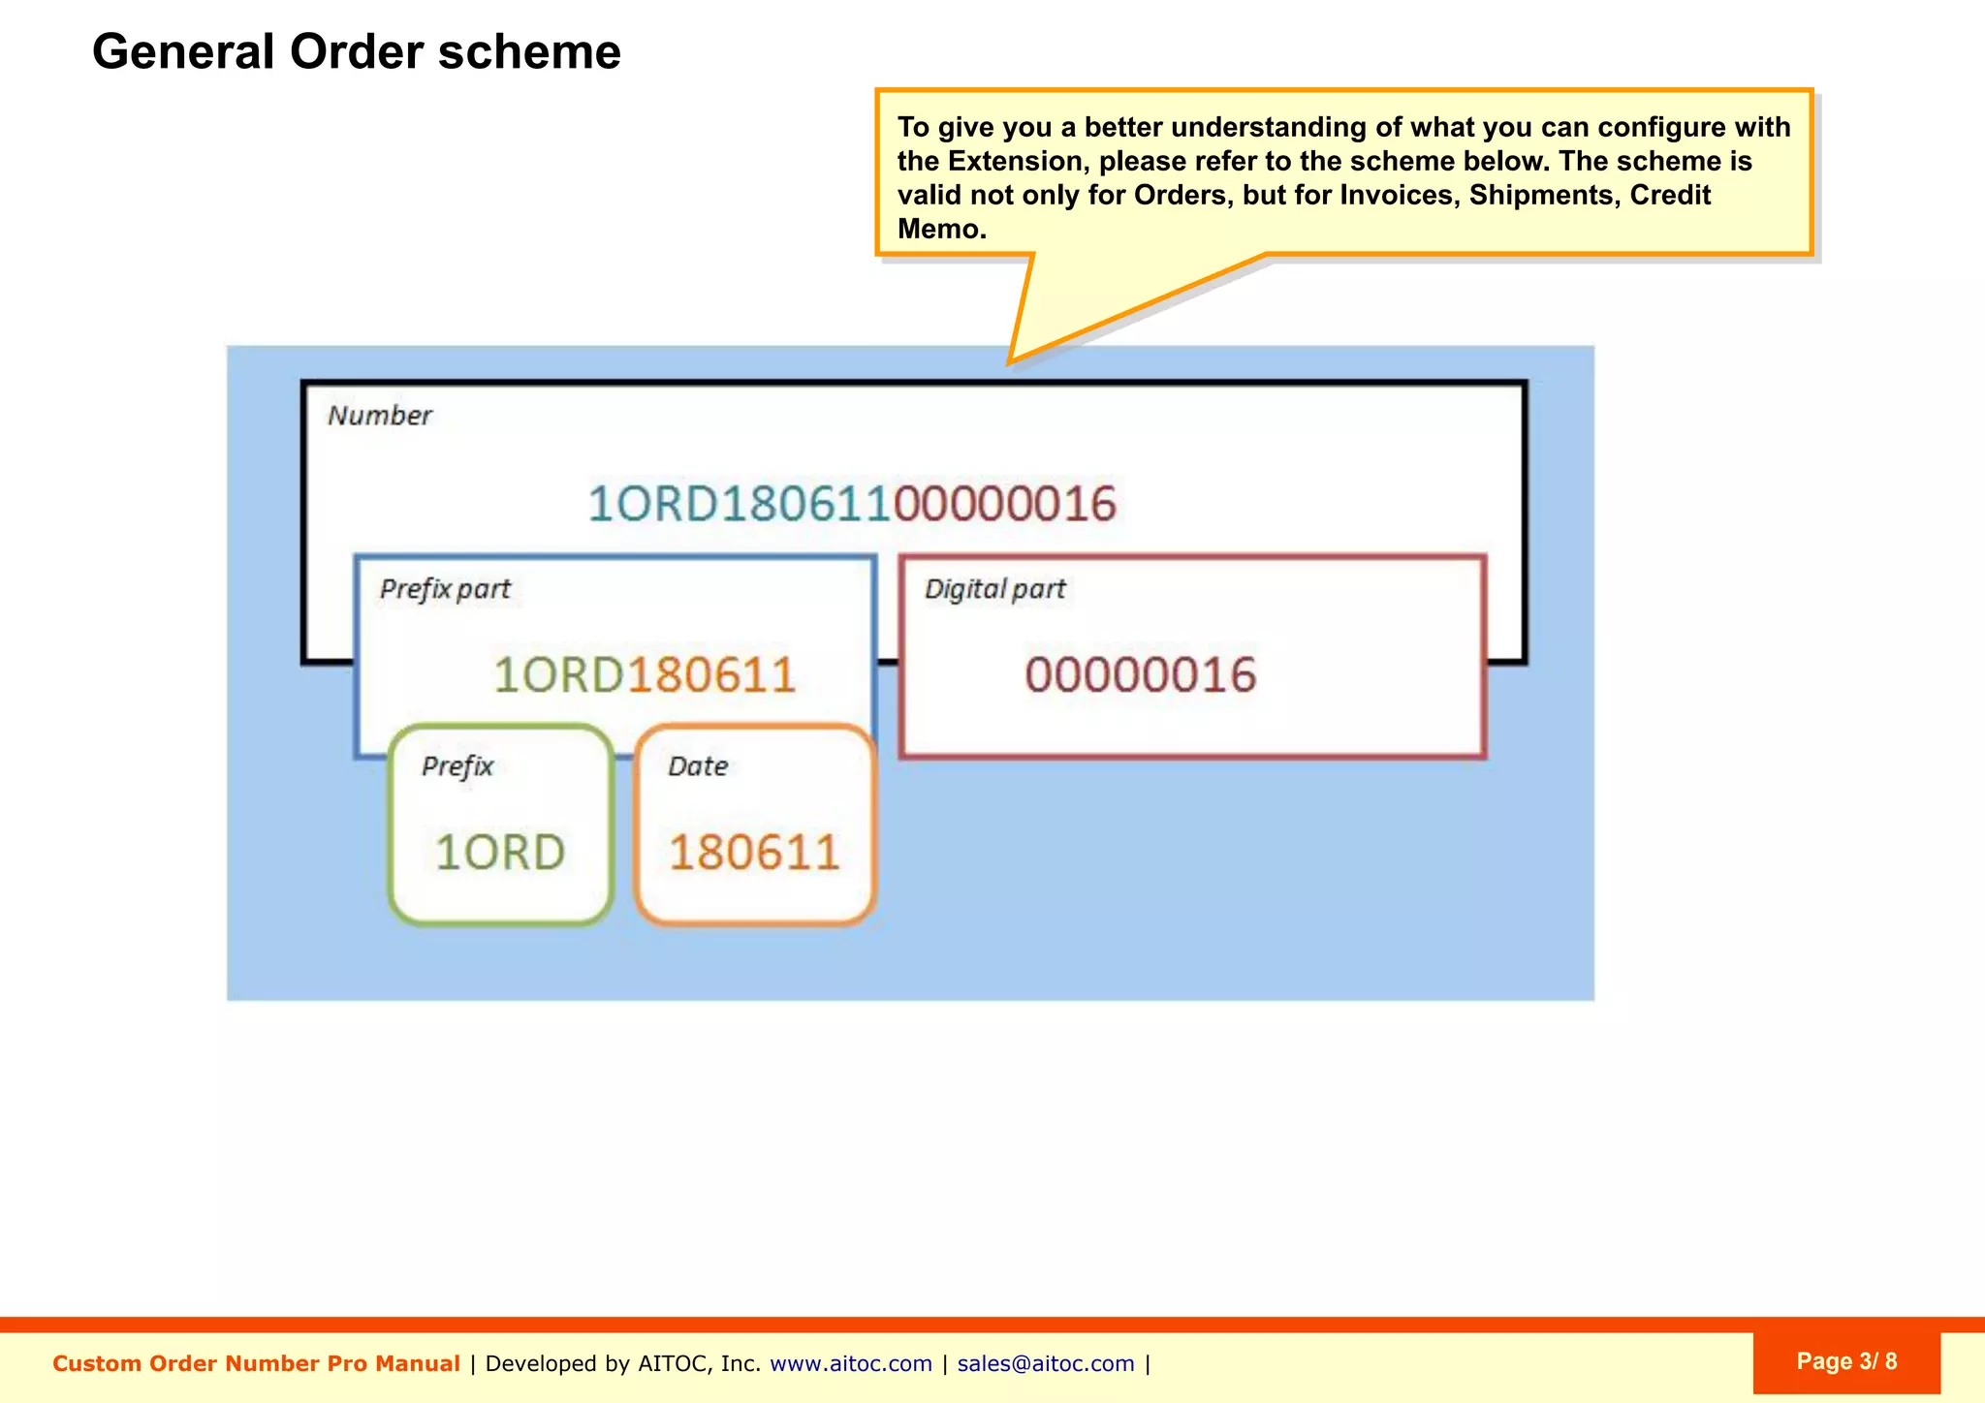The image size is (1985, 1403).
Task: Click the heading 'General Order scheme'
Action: pos(356,51)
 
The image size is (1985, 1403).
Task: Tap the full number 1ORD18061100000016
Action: pos(852,504)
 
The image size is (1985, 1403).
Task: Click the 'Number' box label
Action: pos(379,416)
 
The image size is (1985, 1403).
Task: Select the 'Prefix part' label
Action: pos(445,589)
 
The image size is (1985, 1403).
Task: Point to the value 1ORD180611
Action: pos(645,674)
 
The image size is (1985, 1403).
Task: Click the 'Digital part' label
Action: pos(994,589)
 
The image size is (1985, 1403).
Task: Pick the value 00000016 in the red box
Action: pos(1141,674)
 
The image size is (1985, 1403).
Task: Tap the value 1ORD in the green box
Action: pos(500,853)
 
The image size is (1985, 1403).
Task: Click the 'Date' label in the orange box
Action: pos(698,766)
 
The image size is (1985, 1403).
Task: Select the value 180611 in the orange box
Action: pos(754,853)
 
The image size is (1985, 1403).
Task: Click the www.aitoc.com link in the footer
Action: pos(850,1363)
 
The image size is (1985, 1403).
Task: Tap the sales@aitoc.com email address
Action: pos(1045,1363)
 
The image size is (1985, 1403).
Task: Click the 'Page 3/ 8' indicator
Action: pos(1846,1361)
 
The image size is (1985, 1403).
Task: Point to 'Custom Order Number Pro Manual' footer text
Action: pos(256,1363)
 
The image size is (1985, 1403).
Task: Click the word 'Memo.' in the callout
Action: pos(941,230)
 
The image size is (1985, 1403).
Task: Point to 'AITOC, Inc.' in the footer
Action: pos(699,1363)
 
